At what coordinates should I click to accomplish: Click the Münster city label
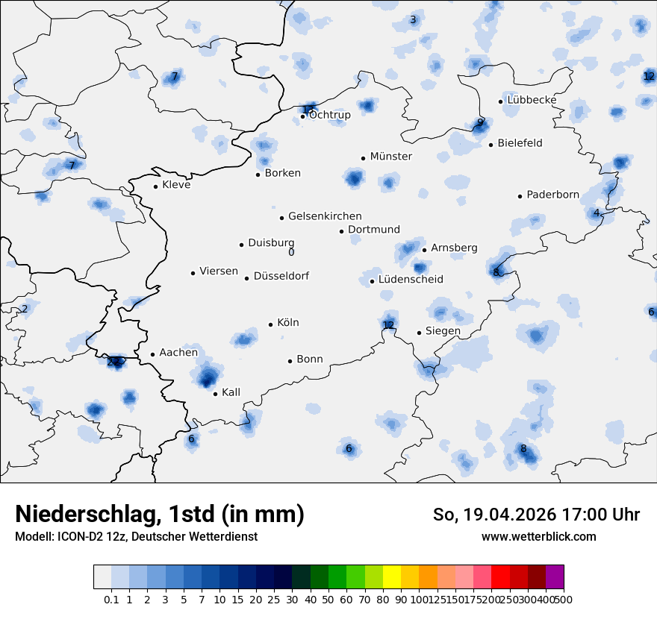pyautogui.click(x=391, y=157)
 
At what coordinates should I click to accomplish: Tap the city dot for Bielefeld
pyautogui.click(x=491, y=145)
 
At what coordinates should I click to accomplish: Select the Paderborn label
pyautogui.click(x=552, y=195)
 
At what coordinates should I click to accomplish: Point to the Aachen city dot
pyautogui.click(x=152, y=355)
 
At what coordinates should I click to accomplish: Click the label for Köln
pyautogui.click(x=287, y=323)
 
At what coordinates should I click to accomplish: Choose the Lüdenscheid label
pyautogui.click(x=411, y=280)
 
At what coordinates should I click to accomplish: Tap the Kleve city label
pyautogui.click(x=176, y=185)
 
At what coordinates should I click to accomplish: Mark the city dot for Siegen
pyautogui.click(x=420, y=333)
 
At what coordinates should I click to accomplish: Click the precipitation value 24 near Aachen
pyautogui.click(x=113, y=362)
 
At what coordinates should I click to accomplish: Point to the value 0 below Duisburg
pyautogui.click(x=291, y=252)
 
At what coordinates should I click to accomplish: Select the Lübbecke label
pyautogui.click(x=532, y=100)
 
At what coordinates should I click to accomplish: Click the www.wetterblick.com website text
pyautogui.click(x=539, y=537)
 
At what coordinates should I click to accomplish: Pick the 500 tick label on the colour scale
pyautogui.click(x=564, y=600)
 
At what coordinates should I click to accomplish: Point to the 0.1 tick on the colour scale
pyautogui.click(x=111, y=600)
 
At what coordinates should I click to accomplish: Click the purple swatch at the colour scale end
pyautogui.click(x=555, y=577)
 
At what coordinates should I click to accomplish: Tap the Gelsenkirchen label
pyautogui.click(x=325, y=216)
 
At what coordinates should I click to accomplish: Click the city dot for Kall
pyautogui.click(x=215, y=394)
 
